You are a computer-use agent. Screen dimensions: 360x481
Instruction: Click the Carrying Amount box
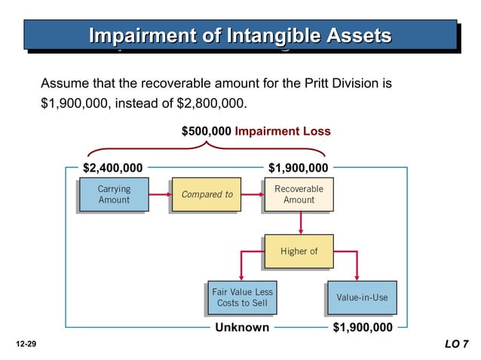coord(113,194)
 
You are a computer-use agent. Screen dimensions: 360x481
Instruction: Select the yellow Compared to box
coord(207,194)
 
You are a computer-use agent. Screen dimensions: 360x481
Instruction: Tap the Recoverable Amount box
coord(299,194)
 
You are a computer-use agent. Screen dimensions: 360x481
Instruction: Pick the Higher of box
coord(299,252)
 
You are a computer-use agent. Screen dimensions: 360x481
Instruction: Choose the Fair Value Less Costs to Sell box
coord(242,297)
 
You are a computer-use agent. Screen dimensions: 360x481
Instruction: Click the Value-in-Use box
coord(362,297)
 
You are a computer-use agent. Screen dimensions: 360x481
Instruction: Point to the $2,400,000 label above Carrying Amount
coord(112,167)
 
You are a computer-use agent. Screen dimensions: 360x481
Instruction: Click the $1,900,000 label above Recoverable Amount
coord(299,167)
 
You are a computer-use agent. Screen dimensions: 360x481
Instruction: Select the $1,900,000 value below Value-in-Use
coord(363,328)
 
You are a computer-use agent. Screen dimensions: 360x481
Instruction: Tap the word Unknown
coord(242,328)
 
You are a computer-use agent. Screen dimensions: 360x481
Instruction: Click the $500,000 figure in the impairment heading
coord(207,131)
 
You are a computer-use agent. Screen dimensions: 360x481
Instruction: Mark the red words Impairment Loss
coord(283,131)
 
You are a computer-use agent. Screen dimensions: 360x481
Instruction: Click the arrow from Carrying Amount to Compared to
coord(158,194)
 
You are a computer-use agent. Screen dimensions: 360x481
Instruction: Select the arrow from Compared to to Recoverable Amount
coord(251,194)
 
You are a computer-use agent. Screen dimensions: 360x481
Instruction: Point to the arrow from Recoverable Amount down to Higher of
coord(300,223)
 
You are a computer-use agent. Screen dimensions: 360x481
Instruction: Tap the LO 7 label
coord(456,344)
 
